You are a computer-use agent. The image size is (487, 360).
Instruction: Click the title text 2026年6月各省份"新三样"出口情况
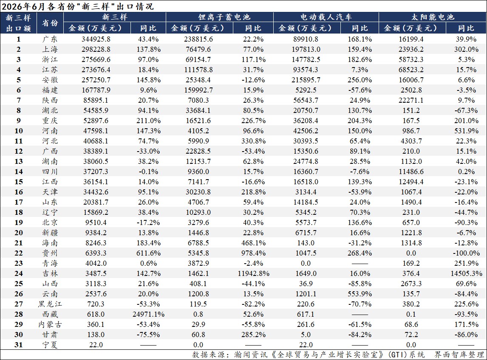78,6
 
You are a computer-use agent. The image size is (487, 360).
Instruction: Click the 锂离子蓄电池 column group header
224,17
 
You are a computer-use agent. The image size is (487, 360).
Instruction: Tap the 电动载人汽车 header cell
326,17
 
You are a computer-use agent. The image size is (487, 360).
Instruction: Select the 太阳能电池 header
433,17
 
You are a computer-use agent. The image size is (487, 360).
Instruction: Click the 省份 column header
50,22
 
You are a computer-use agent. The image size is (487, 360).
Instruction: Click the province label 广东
50,39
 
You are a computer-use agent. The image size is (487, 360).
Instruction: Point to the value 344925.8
96,39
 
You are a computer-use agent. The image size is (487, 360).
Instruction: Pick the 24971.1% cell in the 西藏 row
148,314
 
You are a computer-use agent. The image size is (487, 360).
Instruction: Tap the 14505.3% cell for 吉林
466,273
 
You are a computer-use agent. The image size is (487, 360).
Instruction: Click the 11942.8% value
253,273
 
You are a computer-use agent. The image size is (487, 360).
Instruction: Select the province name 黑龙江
50,304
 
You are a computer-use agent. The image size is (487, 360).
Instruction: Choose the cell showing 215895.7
306,80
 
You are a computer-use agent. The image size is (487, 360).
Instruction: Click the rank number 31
19,345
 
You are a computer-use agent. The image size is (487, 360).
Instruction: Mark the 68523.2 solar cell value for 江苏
411,70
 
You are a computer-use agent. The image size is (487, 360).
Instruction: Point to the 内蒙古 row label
50,324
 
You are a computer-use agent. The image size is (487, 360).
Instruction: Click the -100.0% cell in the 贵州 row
466,253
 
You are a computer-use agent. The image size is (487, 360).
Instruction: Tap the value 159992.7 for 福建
198,90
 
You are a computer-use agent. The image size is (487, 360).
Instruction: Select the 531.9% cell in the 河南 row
466,131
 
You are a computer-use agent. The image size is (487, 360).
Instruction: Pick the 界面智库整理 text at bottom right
459,354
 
